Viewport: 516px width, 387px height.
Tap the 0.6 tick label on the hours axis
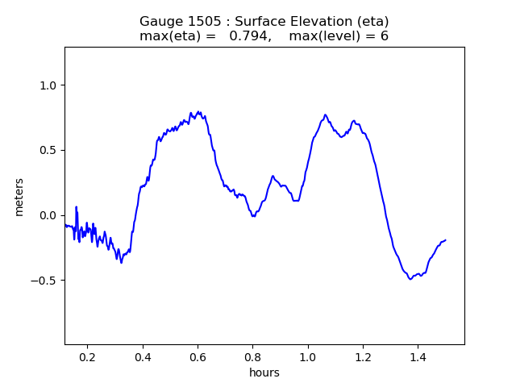(x=198, y=356)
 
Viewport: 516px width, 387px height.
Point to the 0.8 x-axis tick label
(x=252, y=356)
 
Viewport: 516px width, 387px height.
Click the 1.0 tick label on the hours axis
(x=308, y=356)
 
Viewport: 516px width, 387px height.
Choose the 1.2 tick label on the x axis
(x=363, y=356)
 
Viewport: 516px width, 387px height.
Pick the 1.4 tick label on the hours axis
(x=418, y=356)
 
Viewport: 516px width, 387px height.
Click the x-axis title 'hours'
(x=264, y=372)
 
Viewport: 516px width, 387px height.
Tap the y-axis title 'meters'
(x=19, y=197)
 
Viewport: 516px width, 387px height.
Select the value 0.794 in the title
(x=248, y=36)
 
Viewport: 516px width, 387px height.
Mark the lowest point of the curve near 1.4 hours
(x=410, y=279)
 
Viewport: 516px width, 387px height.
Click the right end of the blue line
(x=445, y=240)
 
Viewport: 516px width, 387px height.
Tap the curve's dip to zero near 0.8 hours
(x=253, y=216)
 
